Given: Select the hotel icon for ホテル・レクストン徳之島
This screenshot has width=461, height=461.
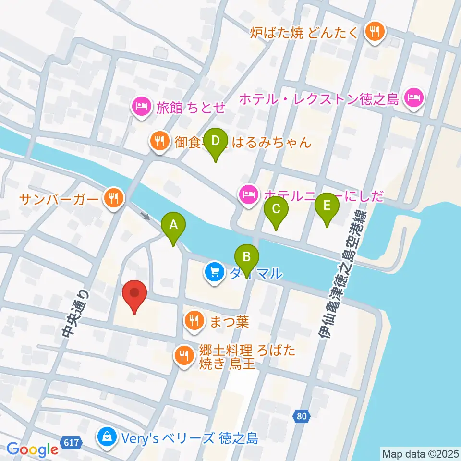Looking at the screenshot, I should [x=414, y=99].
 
